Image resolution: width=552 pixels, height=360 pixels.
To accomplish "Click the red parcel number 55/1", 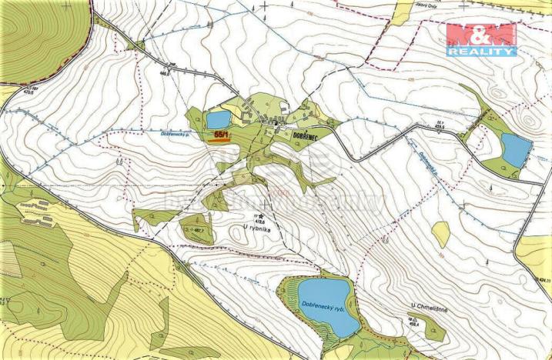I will (x=221, y=134).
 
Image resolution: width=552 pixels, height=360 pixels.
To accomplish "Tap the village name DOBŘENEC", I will (x=311, y=135).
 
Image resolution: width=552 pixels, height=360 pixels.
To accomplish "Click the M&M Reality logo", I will (x=481, y=39).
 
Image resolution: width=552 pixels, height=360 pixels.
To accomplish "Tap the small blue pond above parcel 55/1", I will (x=218, y=119).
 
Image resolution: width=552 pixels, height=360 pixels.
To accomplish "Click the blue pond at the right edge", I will (x=516, y=149).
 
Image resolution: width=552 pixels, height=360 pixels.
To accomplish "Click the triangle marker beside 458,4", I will (x=410, y=318).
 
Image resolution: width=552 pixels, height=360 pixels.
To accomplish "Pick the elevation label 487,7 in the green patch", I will (x=197, y=229).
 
